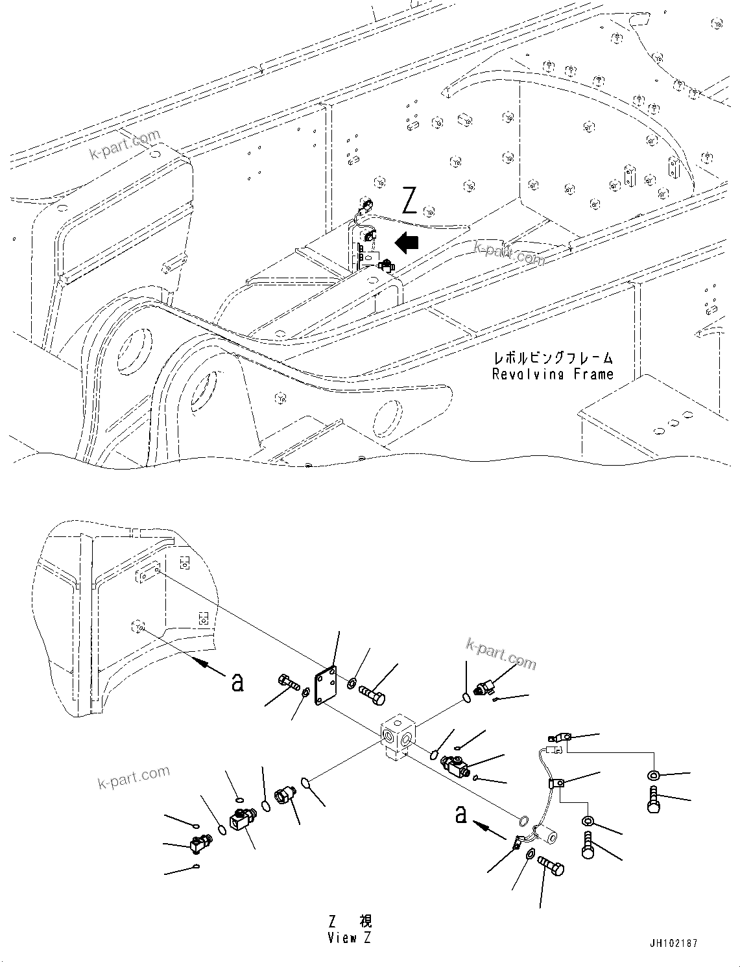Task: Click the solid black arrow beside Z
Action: click(x=407, y=243)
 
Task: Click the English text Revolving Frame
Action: click(x=553, y=374)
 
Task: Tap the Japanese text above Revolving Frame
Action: click(x=553, y=357)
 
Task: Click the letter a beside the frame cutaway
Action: click(x=238, y=682)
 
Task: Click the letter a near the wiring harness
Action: click(x=460, y=814)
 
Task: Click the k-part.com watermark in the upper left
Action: click(x=125, y=144)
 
